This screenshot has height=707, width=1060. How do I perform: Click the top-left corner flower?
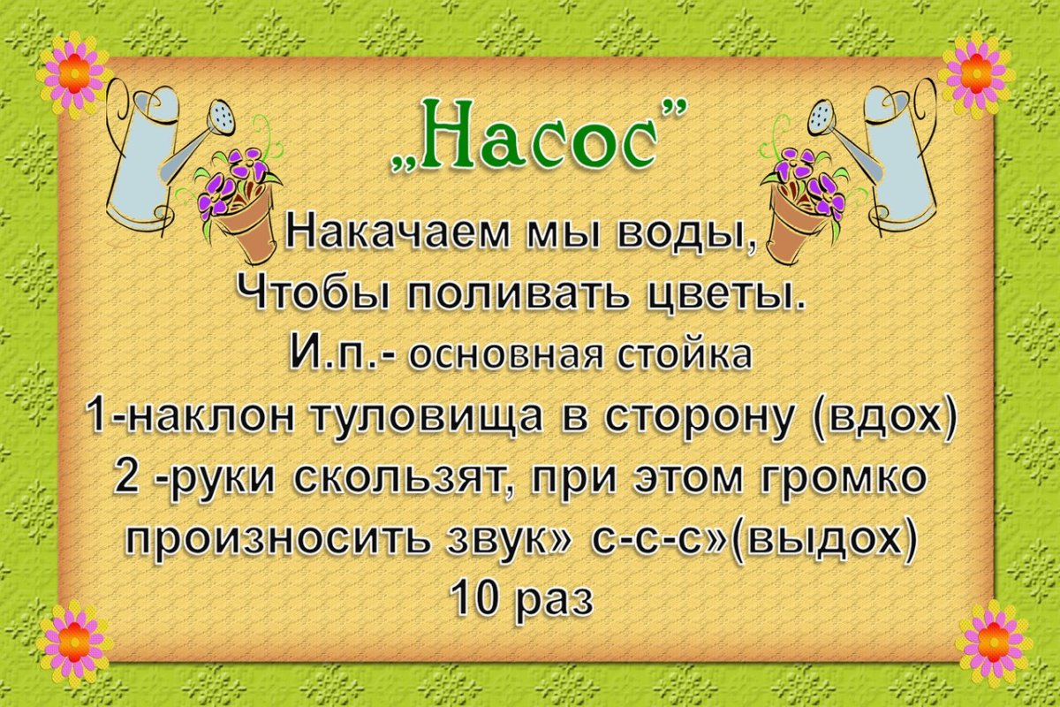[x=74, y=74]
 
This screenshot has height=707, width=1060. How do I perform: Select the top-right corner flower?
[x=976, y=74]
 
